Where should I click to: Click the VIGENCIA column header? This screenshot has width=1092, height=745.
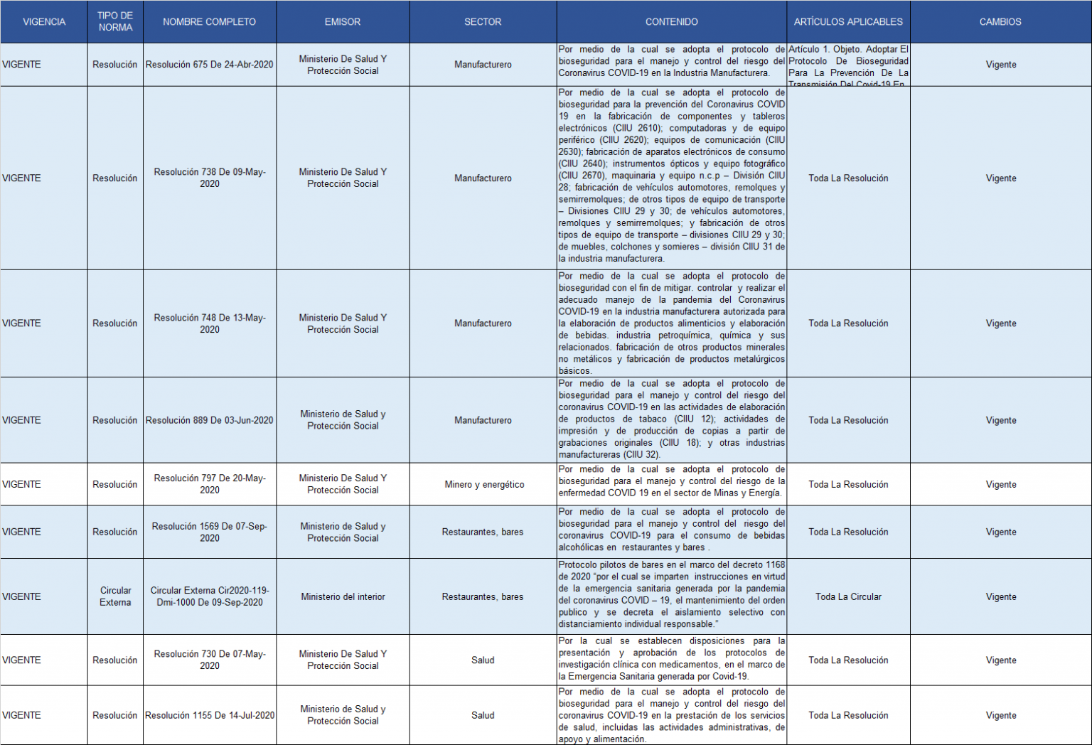click(44, 22)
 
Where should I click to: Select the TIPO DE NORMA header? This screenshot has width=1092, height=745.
click(115, 22)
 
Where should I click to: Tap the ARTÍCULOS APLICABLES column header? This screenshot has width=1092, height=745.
click(848, 22)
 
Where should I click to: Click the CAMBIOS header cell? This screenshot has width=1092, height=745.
click(1000, 22)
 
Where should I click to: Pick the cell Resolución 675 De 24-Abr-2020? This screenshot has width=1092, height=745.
click(210, 65)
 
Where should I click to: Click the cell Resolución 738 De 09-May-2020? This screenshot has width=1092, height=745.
click(210, 178)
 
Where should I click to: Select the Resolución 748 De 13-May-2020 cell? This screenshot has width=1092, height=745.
click(210, 323)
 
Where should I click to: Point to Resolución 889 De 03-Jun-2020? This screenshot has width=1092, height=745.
click(210, 420)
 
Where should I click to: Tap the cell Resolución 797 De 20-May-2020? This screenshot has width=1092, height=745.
click(210, 484)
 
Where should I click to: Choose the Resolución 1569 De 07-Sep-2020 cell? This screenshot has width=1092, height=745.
click(210, 532)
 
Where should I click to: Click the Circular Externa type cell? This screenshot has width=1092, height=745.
click(115, 596)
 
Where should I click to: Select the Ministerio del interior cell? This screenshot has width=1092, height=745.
click(343, 596)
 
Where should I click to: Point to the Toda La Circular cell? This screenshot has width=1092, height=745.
click(848, 596)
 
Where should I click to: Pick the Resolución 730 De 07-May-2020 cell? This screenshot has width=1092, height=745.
click(210, 660)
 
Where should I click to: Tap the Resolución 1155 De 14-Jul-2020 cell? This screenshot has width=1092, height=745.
click(210, 715)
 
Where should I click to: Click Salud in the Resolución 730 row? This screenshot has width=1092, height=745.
click(483, 660)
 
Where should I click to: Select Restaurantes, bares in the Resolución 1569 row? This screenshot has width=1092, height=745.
click(483, 532)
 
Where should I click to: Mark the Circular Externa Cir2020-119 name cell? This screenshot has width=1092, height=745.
click(210, 596)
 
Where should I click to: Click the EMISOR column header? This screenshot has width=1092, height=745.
click(343, 22)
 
